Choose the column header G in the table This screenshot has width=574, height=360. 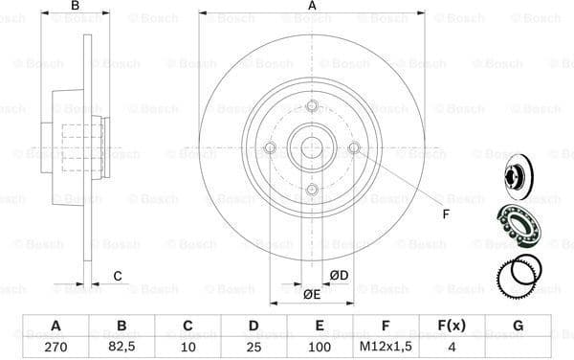[518, 326]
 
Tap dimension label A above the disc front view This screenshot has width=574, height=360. [312, 8]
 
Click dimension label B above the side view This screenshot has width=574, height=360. [75, 8]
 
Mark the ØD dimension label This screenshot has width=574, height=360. [339, 277]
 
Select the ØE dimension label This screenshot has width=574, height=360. [312, 294]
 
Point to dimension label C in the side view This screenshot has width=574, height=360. [118, 277]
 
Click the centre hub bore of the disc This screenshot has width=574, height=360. [312, 147]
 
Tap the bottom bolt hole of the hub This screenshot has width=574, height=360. [312, 190]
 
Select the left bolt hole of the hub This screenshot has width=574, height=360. [270, 147]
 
